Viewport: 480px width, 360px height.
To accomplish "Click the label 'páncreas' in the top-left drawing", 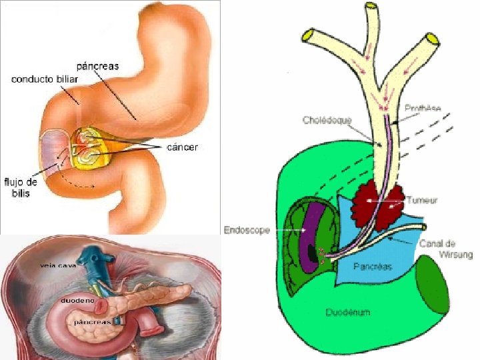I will (x=98, y=66).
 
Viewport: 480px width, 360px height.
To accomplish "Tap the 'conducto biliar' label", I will (x=45, y=79).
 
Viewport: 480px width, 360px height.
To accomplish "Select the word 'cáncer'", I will (x=181, y=147).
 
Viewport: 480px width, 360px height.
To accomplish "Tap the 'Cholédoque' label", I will (x=327, y=121).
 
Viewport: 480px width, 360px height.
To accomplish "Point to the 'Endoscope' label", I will (x=247, y=230).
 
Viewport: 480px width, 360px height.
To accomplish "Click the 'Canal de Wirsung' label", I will (x=445, y=249).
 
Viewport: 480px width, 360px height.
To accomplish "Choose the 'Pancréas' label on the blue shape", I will (x=373, y=267).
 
